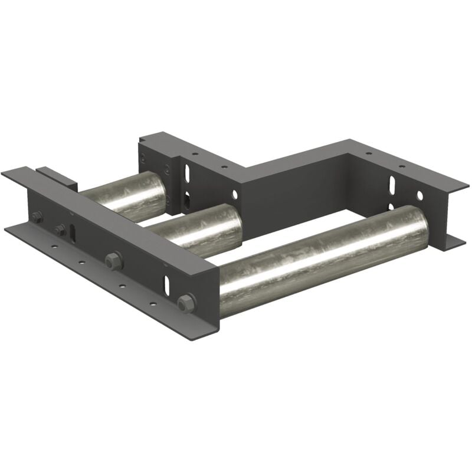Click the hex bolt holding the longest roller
click(x=186, y=303)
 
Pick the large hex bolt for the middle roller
click(x=113, y=260)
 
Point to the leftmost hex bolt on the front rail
click(x=37, y=217)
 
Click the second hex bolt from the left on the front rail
click(x=60, y=230)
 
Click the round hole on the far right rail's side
click(x=419, y=195)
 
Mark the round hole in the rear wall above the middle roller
click(x=235, y=194)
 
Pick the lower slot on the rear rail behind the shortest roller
click(x=186, y=198)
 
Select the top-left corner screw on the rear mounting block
click(x=142, y=157)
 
